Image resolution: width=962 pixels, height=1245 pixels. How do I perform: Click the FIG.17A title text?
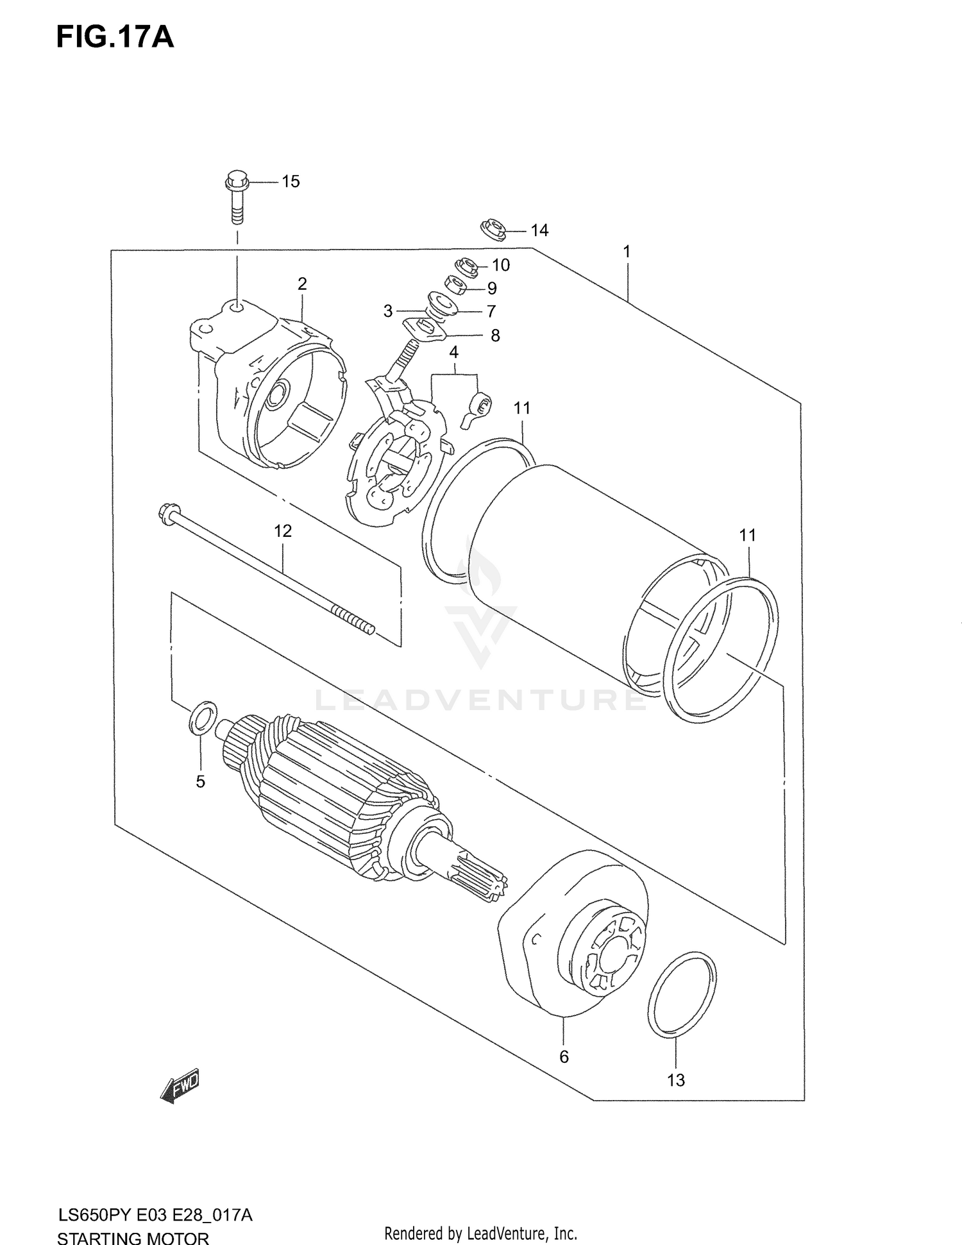click(x=115, y=38)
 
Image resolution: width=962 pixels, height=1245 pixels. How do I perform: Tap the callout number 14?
click(x=539, y=230)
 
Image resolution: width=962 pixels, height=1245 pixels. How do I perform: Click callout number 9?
click(x=491, y=288)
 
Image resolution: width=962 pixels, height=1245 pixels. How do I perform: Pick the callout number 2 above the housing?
click(x=302, y=284)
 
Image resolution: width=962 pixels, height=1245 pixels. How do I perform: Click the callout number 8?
click(x=494, y=335)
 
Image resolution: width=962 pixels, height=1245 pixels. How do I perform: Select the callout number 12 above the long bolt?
click(x=283, y=530)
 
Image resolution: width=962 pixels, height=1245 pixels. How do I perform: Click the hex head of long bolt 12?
click(x=164, y=514)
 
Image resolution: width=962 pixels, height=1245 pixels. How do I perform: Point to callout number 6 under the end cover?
click(x=564, y=1056)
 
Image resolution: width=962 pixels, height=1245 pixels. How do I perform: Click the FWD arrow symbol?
click(x=180, y=1086)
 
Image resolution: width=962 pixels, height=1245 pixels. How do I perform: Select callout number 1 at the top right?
click(x=627, y=252)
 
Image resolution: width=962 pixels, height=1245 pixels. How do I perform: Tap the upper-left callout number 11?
click(x=522, y=408)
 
